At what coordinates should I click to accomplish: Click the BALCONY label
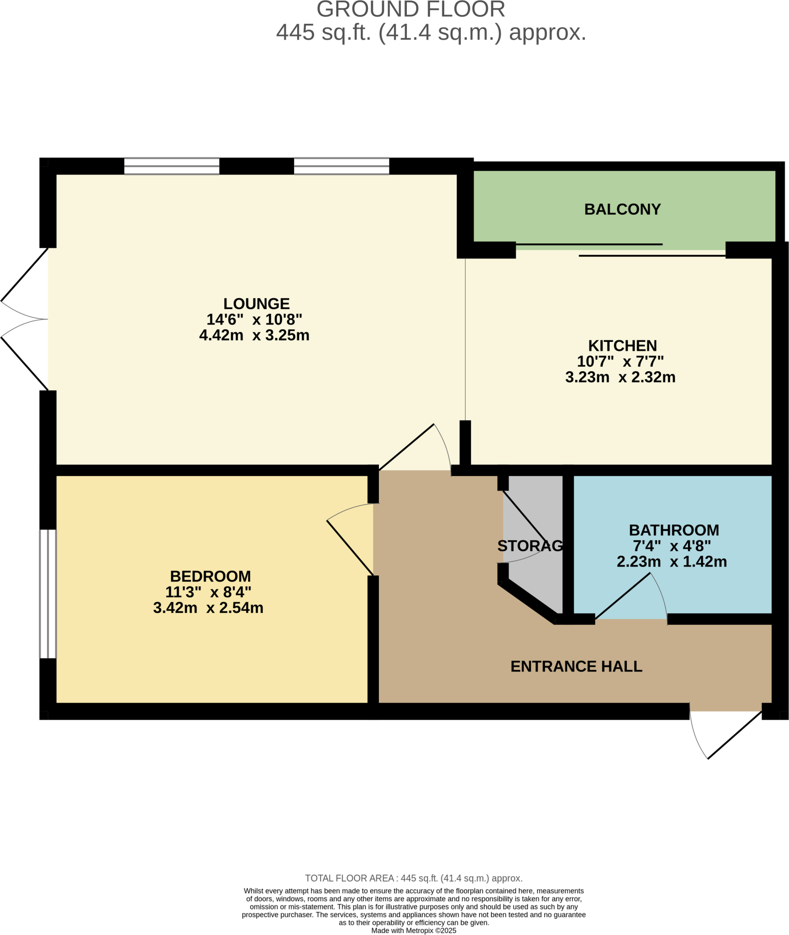pyautogui.click(x=622, y=209)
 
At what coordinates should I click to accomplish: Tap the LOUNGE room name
pyautogui.click(x=256, y=304)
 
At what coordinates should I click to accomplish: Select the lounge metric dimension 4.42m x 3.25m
pyautogui.click(x=254, y=335)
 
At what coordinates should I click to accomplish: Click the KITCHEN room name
pyautogui.click(x=622, y=346)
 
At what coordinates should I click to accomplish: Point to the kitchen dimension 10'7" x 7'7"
pyautogui.click(x=620, y=362)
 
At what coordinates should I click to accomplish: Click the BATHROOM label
pyautogui.click(x=674, y=530)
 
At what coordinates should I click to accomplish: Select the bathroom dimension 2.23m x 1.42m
pyautogui.click(x=672, y=562)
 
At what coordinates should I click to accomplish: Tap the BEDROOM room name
pyautogui.click(x=210, y=576)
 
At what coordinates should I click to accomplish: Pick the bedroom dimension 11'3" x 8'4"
pyautogui.click(x=208, y=592)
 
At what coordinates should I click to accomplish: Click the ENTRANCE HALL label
pyautogui.click(x=576, y=667)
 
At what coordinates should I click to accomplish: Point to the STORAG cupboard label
pyautogui.click(x=530, y=546)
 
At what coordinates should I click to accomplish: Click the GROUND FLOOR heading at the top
pyautogui.click(x=410, y=9)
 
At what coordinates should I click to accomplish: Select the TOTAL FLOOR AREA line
pyautogui.click(x=414, y=878)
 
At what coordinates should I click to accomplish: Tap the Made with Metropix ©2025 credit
pyautogui.click(x=414, y=930)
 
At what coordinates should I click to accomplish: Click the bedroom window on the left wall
pyautogui.click(x=48, y=594)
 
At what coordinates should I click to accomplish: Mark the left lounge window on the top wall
pyautogui.click(x=172, y=166)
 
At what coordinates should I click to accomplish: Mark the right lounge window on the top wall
pyautogui.click(x=342, y=166)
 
